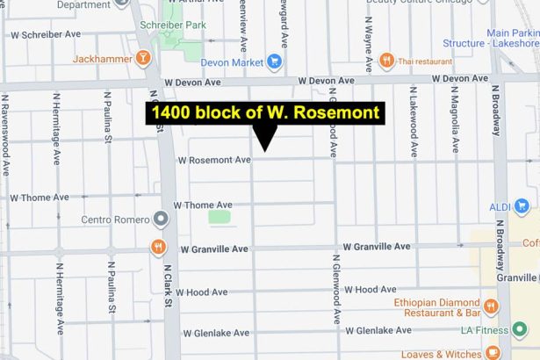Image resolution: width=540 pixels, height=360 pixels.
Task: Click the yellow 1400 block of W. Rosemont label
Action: [264, 113]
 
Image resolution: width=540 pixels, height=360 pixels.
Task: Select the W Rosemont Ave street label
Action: [214, 160]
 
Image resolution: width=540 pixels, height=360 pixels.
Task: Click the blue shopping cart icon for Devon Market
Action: [275, 61]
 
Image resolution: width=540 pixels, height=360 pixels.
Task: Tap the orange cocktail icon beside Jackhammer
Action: [143, 58]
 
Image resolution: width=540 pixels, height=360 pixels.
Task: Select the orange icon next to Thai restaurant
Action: [387, 60]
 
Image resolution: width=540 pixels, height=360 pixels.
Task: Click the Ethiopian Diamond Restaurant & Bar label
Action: [436, 307]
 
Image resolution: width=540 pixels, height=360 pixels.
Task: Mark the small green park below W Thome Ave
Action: [220, 216]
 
